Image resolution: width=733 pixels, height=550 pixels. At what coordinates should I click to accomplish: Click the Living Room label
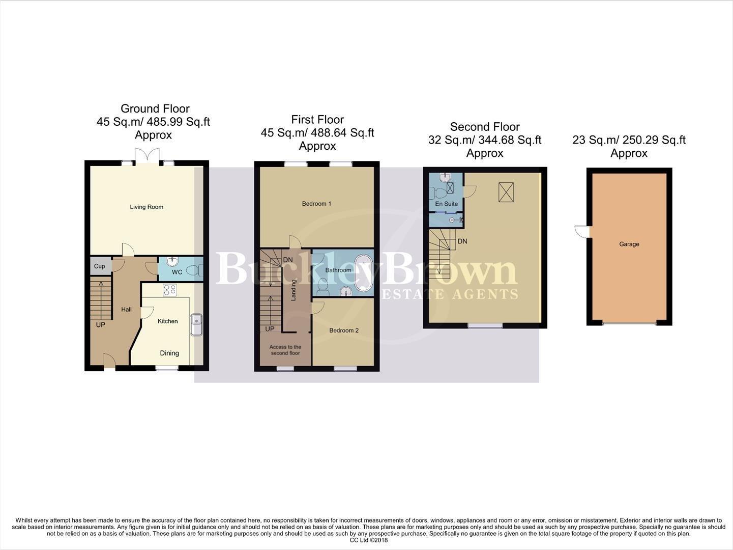pyautogui.click(x=146, y=207)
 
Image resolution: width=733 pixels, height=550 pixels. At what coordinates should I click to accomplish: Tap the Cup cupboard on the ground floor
pyautogui.click(x=99, y=266)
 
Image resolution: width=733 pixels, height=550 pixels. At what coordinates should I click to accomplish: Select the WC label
pyautogui.click(x=177, y=272)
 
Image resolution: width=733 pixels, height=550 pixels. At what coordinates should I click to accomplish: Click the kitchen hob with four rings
pyautogui.click(x=169, y=290)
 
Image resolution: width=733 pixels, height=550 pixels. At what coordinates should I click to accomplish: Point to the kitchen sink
pyautogui.click(x=196, y=325)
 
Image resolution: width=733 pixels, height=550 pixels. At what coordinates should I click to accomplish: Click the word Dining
pyautogui.click(x=169, y=353)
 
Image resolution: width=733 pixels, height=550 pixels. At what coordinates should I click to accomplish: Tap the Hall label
pyautogui.click(x=126, y=309)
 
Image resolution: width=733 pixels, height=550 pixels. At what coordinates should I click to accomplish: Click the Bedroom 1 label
pyautogui.click(x=316, y=204)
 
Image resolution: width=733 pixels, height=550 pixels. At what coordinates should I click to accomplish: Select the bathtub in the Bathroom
pyautogui.click(x=363, y=273)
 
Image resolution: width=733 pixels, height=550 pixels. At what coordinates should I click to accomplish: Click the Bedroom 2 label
pyautogui.click(x=344, y=330)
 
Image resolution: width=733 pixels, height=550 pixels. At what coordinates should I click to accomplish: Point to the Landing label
pyautogui.click(x=294, y=290)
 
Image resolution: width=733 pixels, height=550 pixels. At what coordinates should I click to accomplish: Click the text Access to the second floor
pyautogui.click(x=285, y=350)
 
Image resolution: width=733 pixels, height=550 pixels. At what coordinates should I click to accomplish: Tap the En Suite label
pyautogui.click(x=446, y=204)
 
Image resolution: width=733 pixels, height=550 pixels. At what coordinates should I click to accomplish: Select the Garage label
pyautogui.click(x=629, y=244)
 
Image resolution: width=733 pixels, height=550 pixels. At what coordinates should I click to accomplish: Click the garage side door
pyautogui.click(x=581, y=232)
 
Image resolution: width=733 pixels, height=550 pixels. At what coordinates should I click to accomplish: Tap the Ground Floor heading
pyautogui.click(x=155, y=108)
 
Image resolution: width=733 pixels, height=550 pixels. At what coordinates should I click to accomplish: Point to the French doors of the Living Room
pyautogui.click(x=147, y=156)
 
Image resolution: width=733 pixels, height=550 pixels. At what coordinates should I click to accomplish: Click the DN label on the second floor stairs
pyautogui.click(x=462, y=241)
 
